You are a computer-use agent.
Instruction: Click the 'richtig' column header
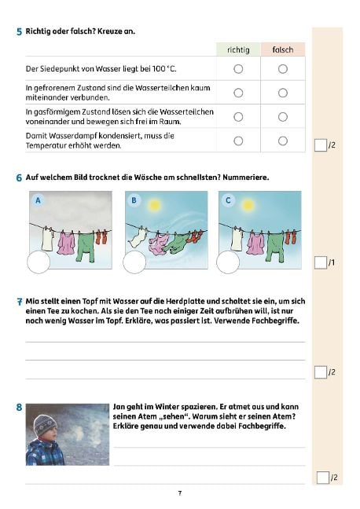point(237,49)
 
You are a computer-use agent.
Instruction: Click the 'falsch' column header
point(282,49)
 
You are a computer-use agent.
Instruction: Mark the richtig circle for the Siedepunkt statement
point(238,69)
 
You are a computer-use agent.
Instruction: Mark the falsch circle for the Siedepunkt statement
point(283,69)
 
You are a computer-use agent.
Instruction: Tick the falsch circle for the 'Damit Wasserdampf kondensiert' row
point(283,141)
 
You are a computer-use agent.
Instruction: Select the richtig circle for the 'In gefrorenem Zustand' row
point(238,93)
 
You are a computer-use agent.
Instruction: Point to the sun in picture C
point(248,206)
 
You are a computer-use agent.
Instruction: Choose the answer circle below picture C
point(228,263)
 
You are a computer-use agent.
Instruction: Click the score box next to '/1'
point(320,263)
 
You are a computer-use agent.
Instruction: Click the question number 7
point(18,302)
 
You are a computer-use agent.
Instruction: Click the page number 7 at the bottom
point(179,493)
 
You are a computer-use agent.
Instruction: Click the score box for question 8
point(321,477)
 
